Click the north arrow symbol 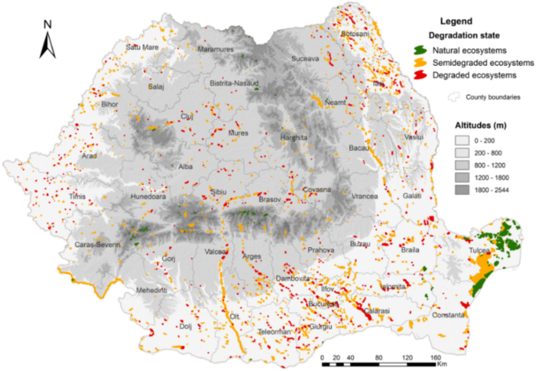coord(47,40)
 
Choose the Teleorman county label coord(275,332)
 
